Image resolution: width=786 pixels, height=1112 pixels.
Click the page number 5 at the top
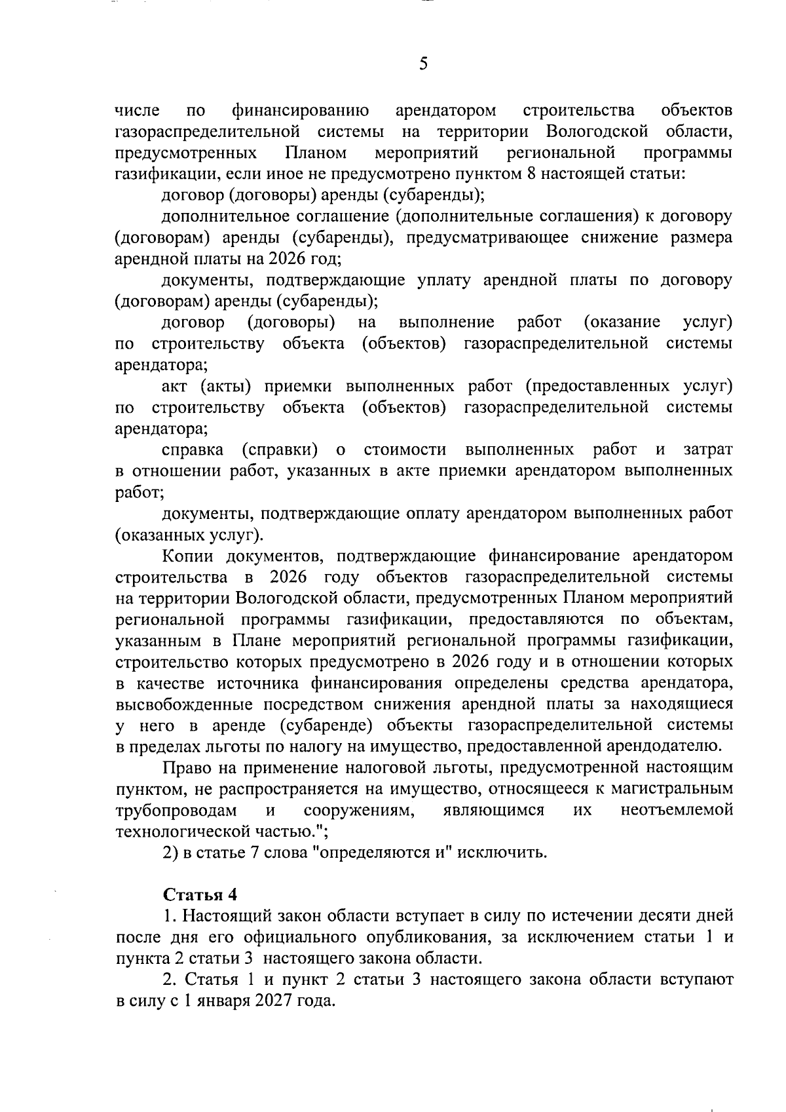[x=423, y=64]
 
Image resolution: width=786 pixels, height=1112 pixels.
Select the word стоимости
[x=405, y=450]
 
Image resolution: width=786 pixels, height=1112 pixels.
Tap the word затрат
[x=707, y=450]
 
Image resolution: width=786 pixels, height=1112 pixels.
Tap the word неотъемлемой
[x=677, y=811]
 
